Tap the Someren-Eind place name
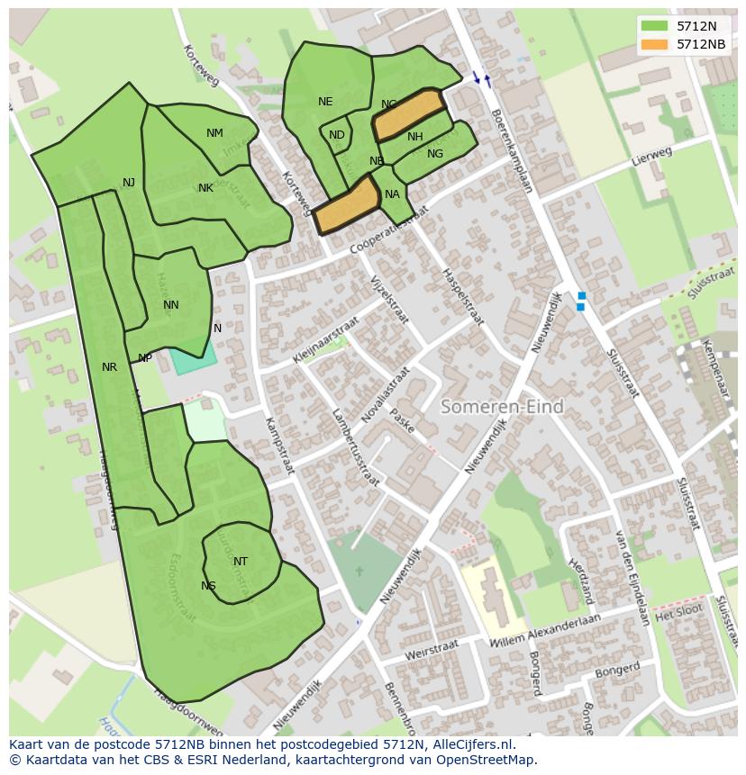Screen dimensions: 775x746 point(502,407)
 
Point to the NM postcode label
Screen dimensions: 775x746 point(214,133)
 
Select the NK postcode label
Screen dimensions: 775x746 point(205,188)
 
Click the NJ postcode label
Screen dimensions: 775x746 point(129,183)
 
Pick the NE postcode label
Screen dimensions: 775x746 point(325,102)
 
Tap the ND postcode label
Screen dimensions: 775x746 point(336,135)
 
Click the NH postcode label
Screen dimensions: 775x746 point(414,137)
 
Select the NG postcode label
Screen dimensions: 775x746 point(435,154)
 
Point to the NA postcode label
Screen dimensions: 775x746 point(392,194)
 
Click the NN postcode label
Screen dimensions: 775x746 point(171,305)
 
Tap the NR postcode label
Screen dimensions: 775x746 point(109,367)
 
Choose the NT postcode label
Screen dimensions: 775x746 point(241,562)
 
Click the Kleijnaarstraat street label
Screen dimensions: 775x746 point(325,339)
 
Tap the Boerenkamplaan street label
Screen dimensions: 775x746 point(512,151)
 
